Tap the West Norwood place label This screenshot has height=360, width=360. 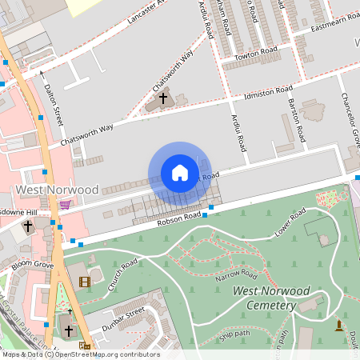[57, 190]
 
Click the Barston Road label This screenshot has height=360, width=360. [295, 117]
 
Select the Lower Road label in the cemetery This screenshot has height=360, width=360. [290, 225]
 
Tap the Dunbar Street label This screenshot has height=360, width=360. [122, 319]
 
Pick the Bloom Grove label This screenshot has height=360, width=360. [32, 264]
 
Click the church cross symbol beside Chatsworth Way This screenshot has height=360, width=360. [163, 98]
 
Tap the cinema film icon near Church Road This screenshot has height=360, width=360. [85, 281]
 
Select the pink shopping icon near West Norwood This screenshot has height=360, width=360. [65, 204]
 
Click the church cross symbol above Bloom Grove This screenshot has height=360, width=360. [28, 226]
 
